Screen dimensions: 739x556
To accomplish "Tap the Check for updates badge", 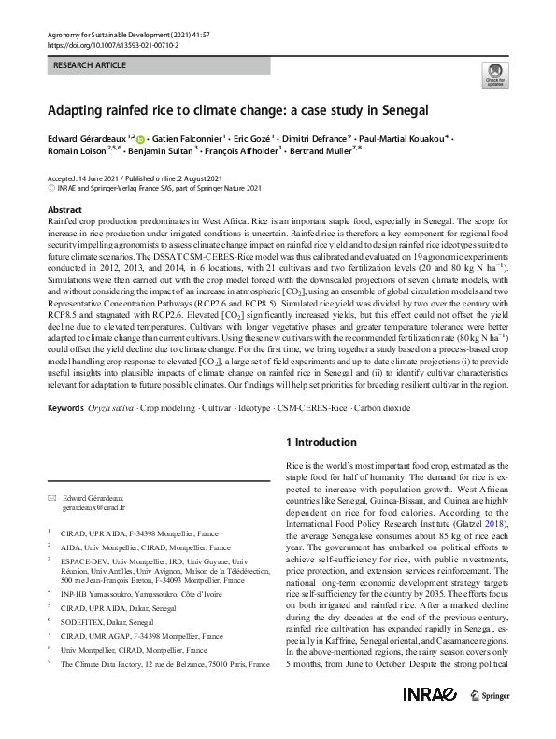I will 492,76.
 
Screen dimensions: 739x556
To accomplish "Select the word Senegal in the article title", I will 403,110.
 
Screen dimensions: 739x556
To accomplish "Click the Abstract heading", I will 64,210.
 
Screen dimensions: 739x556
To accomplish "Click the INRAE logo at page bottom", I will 429,719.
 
